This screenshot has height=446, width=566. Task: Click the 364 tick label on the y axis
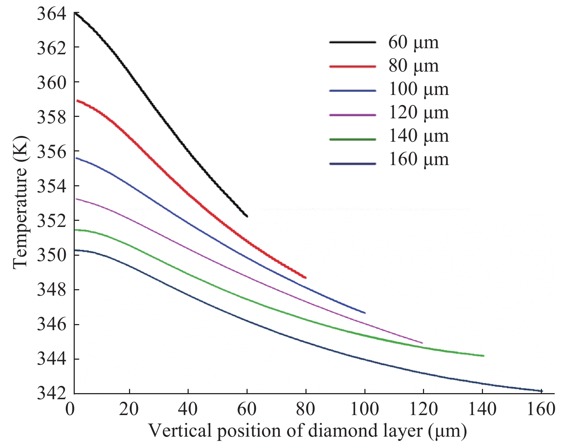tap(51, 14)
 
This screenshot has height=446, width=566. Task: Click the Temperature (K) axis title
tap(20, 202)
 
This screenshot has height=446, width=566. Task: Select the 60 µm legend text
tap(414, 42)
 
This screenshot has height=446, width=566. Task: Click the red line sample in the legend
tap(353, 66)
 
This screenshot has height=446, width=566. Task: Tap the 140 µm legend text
tap(419, 136)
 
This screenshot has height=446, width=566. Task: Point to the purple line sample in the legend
tap(353, 115)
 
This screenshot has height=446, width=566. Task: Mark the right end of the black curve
tap(247, 217)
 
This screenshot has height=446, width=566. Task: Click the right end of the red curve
tap(306, 278)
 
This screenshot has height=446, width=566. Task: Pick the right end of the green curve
tap(484, 356)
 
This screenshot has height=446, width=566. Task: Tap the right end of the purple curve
tap(422, 343)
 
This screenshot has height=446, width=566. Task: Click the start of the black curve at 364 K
tap(75, 12)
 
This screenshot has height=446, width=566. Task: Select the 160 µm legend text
tap(419, 159)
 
